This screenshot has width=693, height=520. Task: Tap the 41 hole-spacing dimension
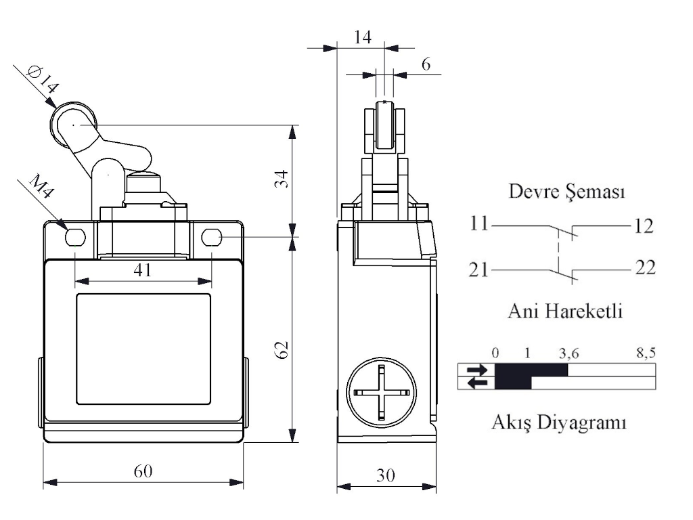[x=142, y=269]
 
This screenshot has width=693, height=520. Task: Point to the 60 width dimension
[x=143, y=471]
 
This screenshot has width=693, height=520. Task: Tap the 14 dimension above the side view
[x=363, y=38]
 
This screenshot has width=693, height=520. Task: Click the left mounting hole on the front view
[x=74, y=237]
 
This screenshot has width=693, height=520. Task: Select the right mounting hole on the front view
[x=212, y=237]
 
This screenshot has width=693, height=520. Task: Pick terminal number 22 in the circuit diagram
[x=645, y=267]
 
